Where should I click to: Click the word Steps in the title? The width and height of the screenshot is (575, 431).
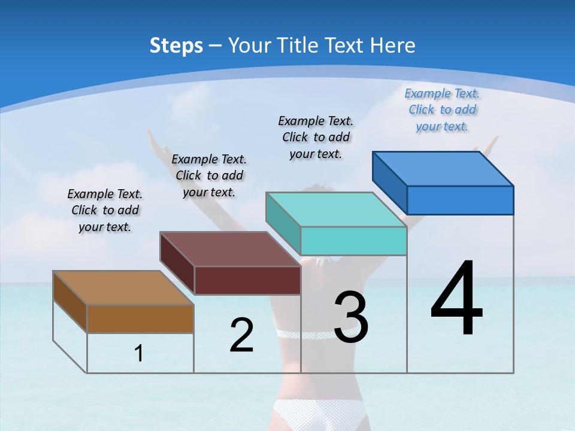[176, 45]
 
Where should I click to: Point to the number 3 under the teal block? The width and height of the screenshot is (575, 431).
[350, 317]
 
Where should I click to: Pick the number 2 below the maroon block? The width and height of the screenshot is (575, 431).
[241, 335]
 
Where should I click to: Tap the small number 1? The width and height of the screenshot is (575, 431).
[139, 354]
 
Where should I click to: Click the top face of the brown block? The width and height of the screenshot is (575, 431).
[123, 288]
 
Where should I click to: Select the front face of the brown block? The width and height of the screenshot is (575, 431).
[140, 318]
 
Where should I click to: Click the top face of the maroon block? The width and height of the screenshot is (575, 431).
[230, 249]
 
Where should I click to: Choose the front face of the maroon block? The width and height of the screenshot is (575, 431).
[247, 280]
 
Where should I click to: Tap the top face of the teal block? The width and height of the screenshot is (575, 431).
[336, 210]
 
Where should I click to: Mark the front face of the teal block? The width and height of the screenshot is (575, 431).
[353, 241]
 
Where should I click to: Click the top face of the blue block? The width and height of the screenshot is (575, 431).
[443, 169]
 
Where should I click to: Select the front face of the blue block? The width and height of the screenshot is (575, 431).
[460, 200]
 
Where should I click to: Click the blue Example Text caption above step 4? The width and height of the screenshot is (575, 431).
[442, 110]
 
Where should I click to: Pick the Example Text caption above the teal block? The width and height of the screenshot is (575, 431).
[316, 137]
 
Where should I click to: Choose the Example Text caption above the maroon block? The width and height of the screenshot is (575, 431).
[209, 175]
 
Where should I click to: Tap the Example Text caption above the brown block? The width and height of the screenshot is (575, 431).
[105, 210]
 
